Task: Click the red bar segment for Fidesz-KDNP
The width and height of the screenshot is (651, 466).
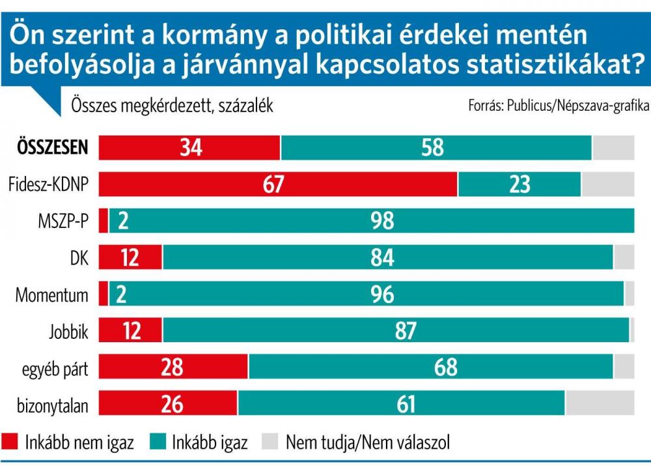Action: click(278, 185)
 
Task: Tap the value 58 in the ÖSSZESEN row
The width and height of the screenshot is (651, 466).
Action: click(432, 148)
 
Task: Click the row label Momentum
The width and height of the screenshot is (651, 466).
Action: click(52, 295)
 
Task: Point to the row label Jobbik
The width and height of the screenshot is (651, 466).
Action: click(68, 332)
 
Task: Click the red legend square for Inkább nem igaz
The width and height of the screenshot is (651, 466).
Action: click(11, 443)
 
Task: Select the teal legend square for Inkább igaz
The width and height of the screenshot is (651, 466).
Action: click(158, 443)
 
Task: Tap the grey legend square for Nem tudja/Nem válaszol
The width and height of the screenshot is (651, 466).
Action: click(270, 443)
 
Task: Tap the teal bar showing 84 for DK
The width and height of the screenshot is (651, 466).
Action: click(387, 258)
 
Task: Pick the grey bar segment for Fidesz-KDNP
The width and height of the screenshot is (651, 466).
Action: click(607, 185)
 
